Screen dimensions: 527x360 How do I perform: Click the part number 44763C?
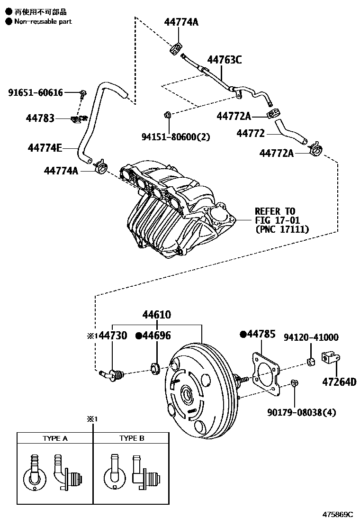pos(225,60)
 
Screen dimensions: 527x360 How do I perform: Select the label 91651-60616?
pos(35,92)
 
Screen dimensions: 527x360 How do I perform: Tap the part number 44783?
pos(40,118)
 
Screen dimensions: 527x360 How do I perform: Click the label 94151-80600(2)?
pos(175,136)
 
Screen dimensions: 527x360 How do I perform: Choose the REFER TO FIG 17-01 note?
pos(275,220)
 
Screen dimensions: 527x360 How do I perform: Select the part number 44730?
pos(112,336)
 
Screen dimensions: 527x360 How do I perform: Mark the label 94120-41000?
pos(311,337)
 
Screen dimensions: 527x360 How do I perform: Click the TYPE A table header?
pos(55,438)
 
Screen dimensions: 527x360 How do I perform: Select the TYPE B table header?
pos(131,438)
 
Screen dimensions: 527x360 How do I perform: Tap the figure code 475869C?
pos(338,514)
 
